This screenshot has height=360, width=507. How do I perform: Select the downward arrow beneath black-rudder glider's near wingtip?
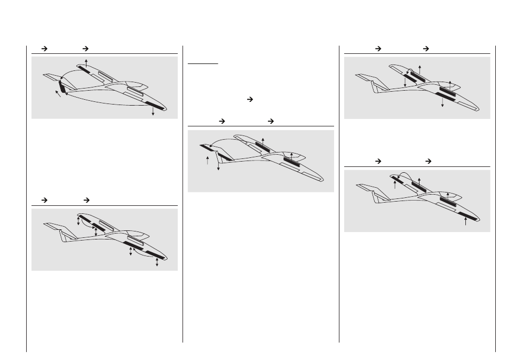(x=153, y=111)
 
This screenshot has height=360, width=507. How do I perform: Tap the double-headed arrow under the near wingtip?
(x=157, y=263)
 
